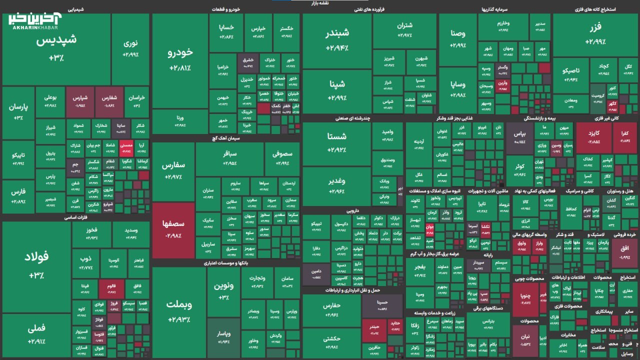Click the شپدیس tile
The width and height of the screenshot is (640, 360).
coord(56,47)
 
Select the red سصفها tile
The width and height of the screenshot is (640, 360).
coord(173,230)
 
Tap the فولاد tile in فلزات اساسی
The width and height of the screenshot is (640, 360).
coord(36,265)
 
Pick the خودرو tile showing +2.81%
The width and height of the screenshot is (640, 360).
coord(180,58)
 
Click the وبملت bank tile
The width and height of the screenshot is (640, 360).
coord(179,310)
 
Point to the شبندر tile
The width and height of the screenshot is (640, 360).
coord(337,40)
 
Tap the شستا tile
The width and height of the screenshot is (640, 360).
coord(337,142)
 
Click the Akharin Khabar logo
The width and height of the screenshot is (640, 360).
coord(34,21)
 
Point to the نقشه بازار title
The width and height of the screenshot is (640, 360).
coord(320,3)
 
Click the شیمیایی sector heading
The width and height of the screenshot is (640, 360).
coord(75,9)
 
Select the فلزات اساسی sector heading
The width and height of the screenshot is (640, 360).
coord(75,217)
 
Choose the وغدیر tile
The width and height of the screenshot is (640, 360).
coord(337,185)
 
